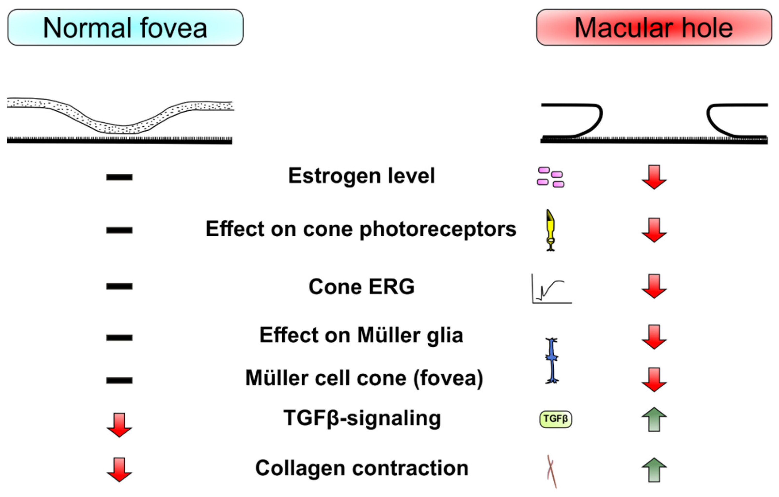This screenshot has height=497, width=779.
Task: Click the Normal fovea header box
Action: (125, 28)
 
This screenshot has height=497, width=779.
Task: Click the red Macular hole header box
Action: (654, 28)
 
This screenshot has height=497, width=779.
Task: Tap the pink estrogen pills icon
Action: (551, 177)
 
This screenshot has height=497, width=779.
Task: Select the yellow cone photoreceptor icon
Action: (550, 230)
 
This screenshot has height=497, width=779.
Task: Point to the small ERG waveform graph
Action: (551, 289)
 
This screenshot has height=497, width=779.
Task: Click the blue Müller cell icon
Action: (552, 360)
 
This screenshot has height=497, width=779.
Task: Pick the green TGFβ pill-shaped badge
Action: (555, 419)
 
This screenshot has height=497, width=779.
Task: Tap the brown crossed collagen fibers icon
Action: (551, 471)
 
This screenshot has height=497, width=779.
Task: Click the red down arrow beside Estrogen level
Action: (654, 177)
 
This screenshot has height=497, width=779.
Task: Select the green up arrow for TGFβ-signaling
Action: (654, 419)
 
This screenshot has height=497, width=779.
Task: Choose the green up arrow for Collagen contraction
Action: (654, 470)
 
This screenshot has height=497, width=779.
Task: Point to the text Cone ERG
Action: (361, 287)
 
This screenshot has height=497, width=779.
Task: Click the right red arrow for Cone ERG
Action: (654, 286)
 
